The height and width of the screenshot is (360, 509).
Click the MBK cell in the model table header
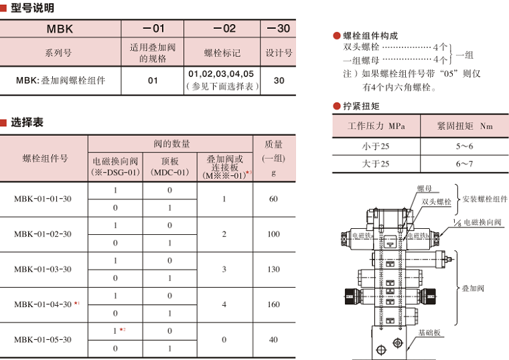click(x=60, y=29)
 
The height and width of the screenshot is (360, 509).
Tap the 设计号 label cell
click(x=279, y=52)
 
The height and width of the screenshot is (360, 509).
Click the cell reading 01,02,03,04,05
click(x=222, y=74)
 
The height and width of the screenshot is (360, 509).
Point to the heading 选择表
click(x=27, y=123)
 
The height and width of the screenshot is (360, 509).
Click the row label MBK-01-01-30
click(x=43, y=199)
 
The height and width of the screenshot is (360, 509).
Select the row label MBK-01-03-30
click(x=43, y=269)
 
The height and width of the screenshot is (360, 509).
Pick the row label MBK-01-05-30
click(x=43, y=339)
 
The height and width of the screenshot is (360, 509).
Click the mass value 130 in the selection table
click(x=273, y=269)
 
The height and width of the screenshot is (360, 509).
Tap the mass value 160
click(x=273, y=304)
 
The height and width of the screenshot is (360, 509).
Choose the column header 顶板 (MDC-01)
click(x=170, y=167)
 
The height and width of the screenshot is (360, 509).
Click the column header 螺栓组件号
click(x=45, y=159)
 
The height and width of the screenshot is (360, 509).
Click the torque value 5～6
click(x=465, y=146)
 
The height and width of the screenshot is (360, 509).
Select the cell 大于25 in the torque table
click(x=376, y=163)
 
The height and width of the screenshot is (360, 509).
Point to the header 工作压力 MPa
click(x=376, y=126)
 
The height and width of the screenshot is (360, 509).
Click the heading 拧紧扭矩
click(x=361, y=106)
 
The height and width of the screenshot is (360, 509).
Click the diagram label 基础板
click(x=429, y=333)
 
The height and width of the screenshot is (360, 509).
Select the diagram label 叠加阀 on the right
click(x=473, y=288)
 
